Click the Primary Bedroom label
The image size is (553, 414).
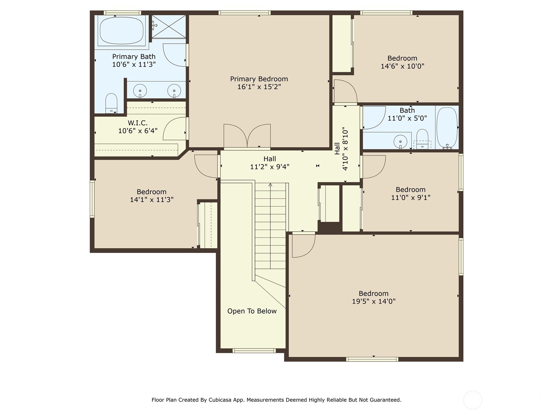[x=259, y=79]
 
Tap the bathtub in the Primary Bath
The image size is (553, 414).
[x=121, y=30]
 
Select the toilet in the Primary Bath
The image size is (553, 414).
[x=111, y=103]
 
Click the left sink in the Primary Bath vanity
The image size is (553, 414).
[x=140, y=91]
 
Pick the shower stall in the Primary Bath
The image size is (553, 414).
[x=169, y=27]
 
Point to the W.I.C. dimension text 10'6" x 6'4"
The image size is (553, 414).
[x=138, y=131]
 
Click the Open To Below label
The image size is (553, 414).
[x=252, y=311]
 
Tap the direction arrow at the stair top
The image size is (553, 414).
[x=270, y=185]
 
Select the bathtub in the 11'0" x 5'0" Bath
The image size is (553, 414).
[x=447, y=128]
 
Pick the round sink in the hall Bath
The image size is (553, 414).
[x=400, y=141]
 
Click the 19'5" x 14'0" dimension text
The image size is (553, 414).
[x=374, y=301]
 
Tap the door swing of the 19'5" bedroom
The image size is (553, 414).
[x=303, y=246]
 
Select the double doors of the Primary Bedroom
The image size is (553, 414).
[x=247, y=137]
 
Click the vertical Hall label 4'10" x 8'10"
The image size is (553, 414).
[x=341, y=149]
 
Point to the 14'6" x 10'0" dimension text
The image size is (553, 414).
[x=402, y=66]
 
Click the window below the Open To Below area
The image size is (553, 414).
[x=254, y=351]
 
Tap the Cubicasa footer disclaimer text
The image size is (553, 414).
[x=276, y=400]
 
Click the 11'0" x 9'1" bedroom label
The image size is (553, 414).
[x=411, y=190]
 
